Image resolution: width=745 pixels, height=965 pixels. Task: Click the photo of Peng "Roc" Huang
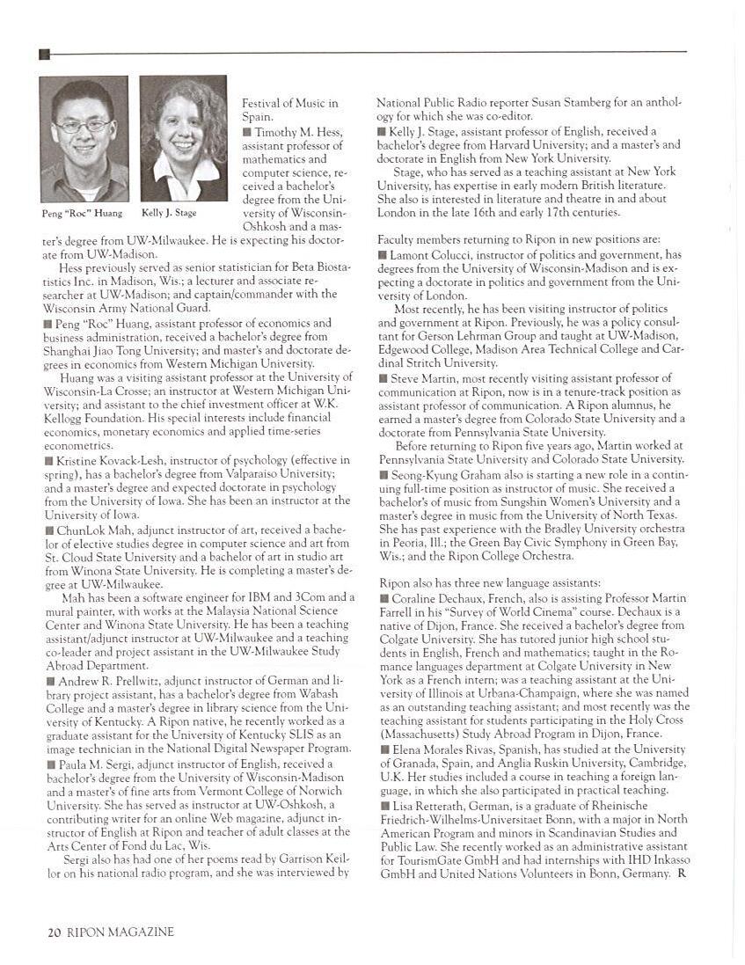84,139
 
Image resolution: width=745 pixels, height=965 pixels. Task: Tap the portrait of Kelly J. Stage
183,138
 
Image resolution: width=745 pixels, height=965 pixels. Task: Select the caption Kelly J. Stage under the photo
169,214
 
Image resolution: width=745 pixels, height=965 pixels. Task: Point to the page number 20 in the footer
54,932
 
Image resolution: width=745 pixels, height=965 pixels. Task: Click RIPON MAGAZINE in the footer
121,932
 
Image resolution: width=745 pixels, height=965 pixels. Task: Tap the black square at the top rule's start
44,55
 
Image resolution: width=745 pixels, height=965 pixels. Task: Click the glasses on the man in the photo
83,126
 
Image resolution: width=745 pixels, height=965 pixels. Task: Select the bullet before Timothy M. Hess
247,132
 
